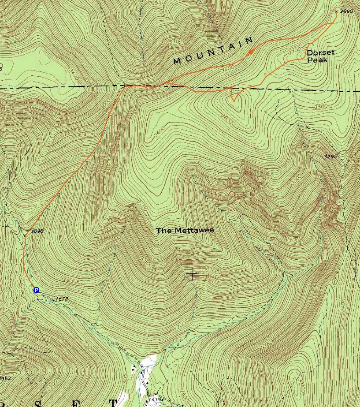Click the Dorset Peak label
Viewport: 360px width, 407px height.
click(320, 56)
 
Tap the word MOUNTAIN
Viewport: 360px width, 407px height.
click(214, 51)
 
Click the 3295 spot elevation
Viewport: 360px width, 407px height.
click(330, 156)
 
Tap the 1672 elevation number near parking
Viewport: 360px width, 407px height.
click(62, 299)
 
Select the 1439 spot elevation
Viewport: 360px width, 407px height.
click(155, 400)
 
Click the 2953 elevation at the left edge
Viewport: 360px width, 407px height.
click(5, 378)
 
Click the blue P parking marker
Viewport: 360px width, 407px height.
click(36, 290)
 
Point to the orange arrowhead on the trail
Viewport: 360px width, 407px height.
click(250, 52)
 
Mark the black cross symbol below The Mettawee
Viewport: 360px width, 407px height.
click(192, 275)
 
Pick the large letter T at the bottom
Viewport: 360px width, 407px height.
click(113, 403)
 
